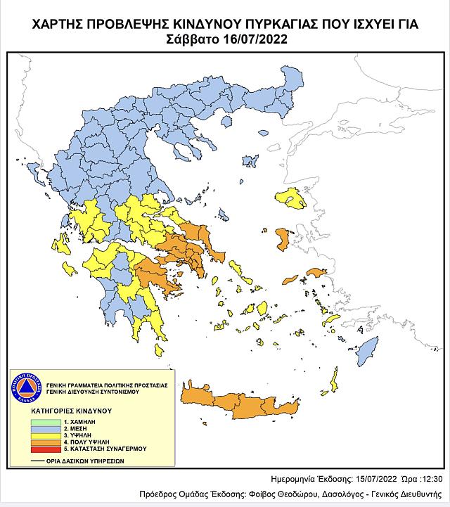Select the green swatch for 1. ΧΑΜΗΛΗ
[x=44, y=420]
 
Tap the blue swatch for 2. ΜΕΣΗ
[x=44, y=428]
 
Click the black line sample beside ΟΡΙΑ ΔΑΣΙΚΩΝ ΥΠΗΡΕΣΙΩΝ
[x=44, y=463]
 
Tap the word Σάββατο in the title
[x=188, y=39]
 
